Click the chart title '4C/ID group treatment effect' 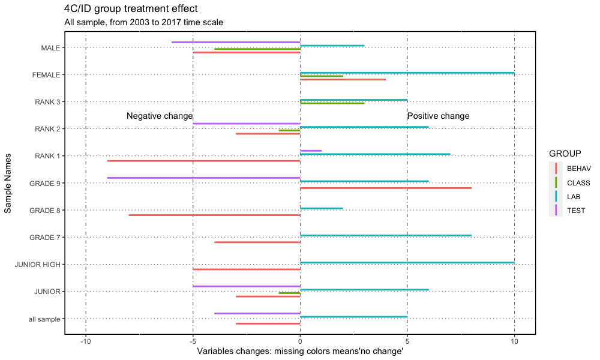click(131, 9)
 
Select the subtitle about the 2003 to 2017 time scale click(143, 22)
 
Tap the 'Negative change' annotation click(160, 116)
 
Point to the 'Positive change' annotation click(438, 116)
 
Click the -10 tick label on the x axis click(86, 341)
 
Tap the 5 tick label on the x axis click(407, 341)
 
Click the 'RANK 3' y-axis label click(47, 102)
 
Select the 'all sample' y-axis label click(44, 319)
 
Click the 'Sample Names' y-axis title click(8, 183)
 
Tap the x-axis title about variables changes click(300, 352)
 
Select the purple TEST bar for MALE click(236, 42)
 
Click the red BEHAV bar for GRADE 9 click(386, 188)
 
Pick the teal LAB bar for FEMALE click(407, 73)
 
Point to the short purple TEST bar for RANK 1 click(311, 151)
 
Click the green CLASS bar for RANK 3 click(332, 103)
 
